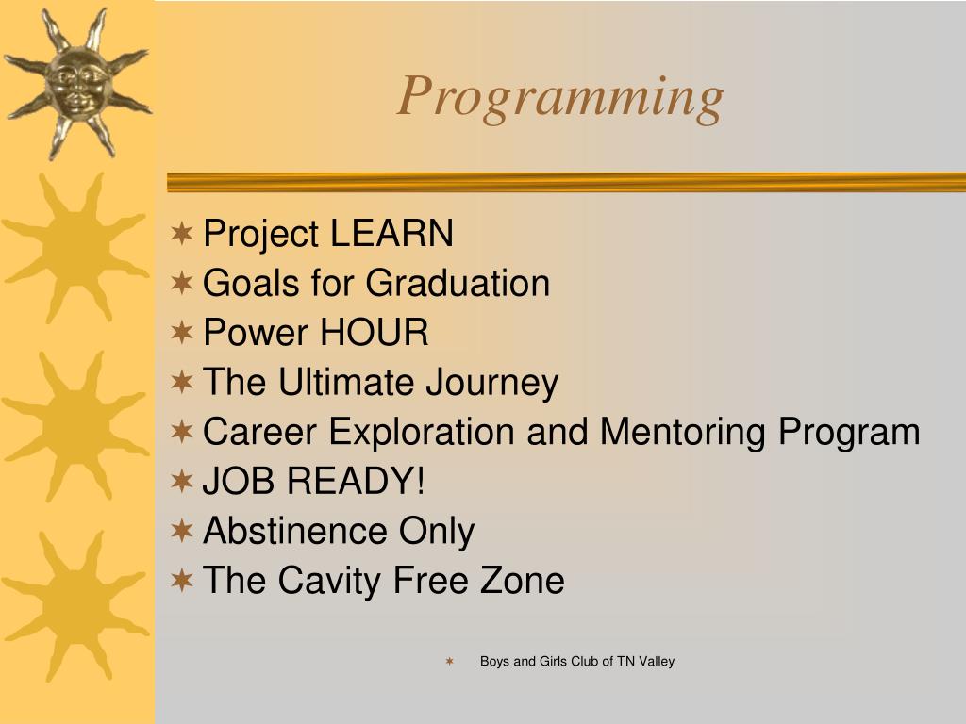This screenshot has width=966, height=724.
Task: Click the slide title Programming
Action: pos(560,97)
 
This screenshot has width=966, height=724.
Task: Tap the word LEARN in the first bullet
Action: pos(391,234)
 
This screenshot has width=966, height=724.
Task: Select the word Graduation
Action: pos(458,283)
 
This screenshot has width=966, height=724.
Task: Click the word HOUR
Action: pos(375,333)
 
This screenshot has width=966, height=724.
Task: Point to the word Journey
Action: pos(492,383)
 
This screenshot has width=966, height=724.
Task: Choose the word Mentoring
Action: pos(683,432)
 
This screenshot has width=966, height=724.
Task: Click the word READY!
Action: pos(356,480)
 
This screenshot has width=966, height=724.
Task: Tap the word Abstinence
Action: pos(295,530)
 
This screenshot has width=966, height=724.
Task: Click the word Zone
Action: pos(522,580)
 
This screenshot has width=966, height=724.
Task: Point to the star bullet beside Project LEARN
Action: pos(182,234)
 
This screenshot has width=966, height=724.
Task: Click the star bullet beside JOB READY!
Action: pos(182,481)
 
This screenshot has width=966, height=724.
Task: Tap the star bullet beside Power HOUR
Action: pos(182,333)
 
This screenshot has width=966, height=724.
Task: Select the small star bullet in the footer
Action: pos(450,661)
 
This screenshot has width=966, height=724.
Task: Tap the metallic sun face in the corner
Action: pos(77,83)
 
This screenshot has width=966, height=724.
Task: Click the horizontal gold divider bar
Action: pos(566,182)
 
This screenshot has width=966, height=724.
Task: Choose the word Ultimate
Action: pos(345,382)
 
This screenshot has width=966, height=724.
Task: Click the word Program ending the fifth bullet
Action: pos(849,432)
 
